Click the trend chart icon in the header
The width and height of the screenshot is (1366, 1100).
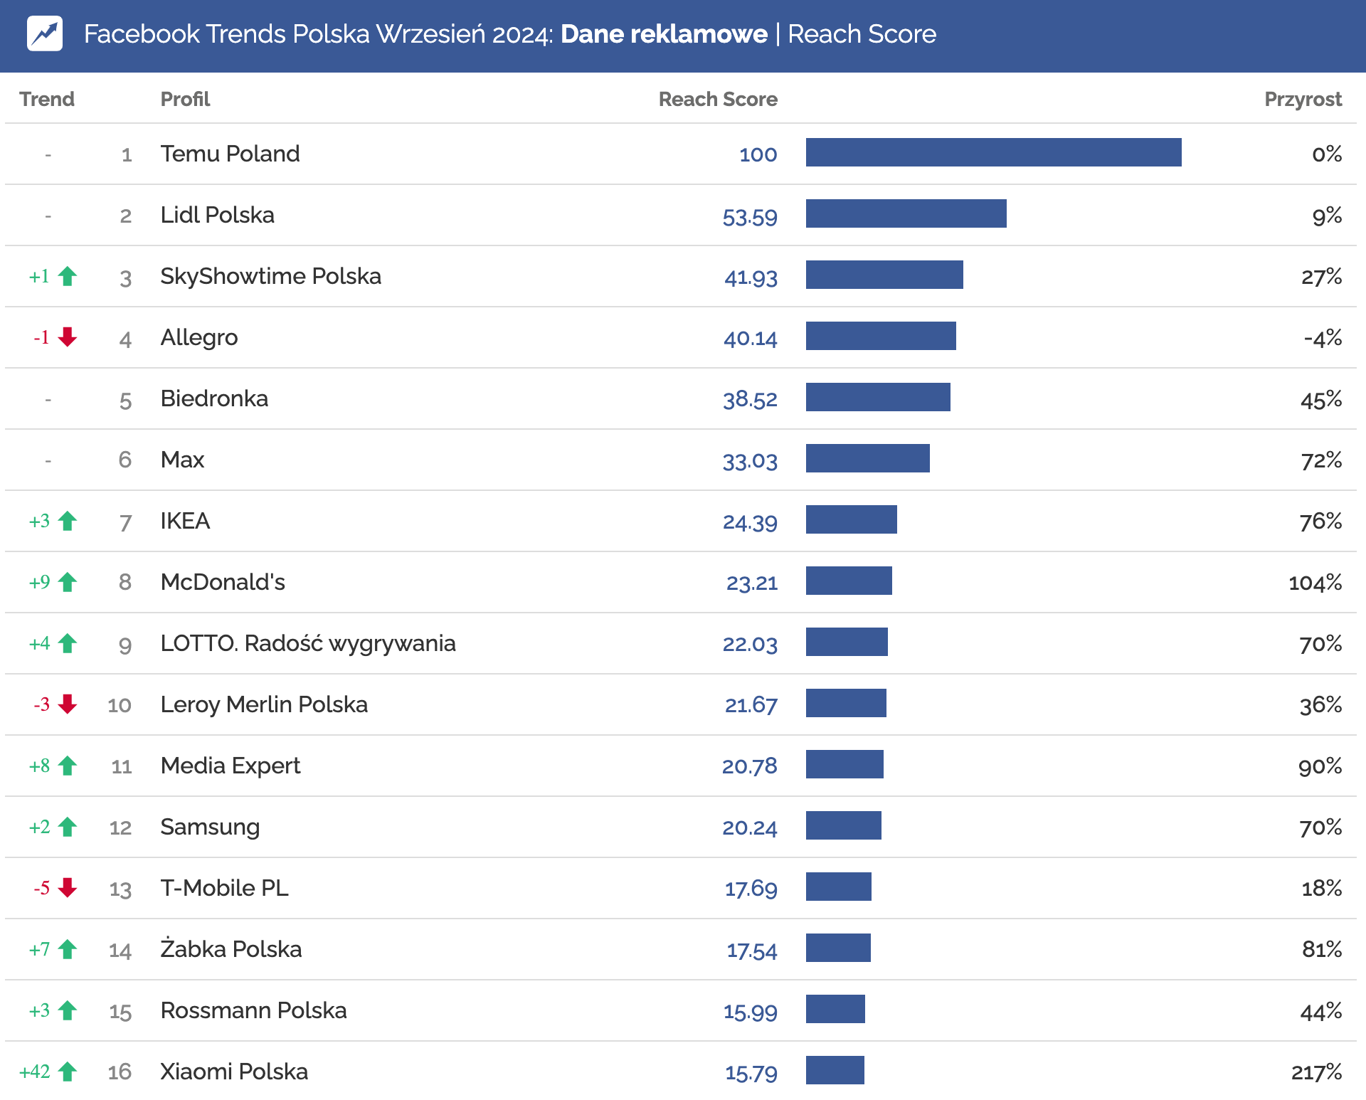[45, 33]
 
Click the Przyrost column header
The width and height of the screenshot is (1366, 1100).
[1302, 99]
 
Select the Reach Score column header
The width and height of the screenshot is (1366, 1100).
[717, 99]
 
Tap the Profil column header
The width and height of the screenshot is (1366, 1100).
[185, 99]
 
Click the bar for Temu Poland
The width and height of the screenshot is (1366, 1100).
[993, 152]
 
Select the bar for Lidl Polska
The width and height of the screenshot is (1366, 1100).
[906, 213]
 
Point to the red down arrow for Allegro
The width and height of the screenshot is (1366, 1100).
[68, 337]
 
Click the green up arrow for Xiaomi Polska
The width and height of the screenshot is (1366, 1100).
[68, 1071]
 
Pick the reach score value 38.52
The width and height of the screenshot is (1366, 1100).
[750, 399]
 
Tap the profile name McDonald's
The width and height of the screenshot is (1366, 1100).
[223, 582]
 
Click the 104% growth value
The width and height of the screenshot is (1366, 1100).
[1315, 583]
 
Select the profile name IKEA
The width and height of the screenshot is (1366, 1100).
[185, 521]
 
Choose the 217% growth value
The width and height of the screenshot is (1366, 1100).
[1316, 1072]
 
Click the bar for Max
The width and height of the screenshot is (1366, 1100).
[867, 458]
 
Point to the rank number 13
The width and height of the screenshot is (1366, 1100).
[120, 889]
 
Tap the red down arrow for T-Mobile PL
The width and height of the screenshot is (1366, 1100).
[68, 887]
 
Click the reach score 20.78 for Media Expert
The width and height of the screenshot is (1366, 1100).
[749, 766]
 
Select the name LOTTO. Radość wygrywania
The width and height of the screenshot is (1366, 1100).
[307, 643]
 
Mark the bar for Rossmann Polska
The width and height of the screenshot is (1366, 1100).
[835, 1009]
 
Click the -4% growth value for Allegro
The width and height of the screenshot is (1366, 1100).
[1322, 338]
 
